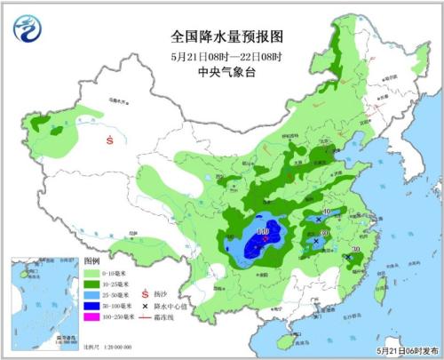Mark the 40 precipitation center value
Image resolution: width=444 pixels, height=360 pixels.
tap(328, 211)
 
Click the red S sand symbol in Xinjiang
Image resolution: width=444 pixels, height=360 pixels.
tap(110, 140)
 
